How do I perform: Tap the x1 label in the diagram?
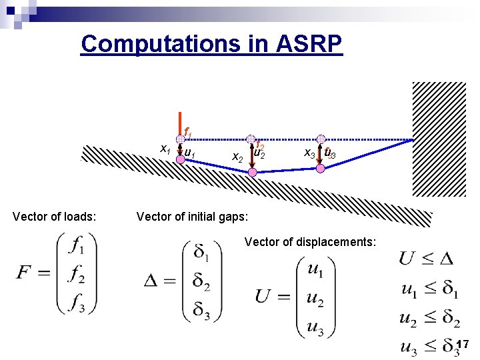[163, 149]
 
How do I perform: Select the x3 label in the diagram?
[309, 153]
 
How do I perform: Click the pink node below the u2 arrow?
[252, 173]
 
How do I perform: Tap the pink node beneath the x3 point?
[321, 169]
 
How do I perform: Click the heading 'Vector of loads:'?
[55, 216]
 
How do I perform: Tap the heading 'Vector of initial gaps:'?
[192, 216]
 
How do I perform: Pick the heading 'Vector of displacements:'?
[311, 241]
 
